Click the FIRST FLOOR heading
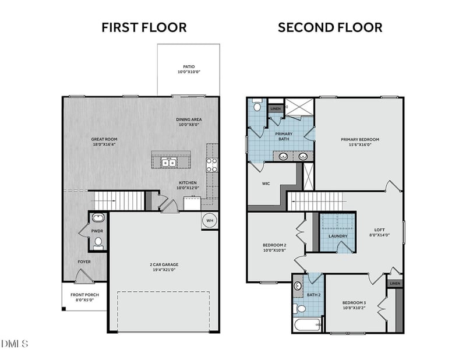coord(144,27)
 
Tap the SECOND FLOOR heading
coord(330,27)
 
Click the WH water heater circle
coord(210,221)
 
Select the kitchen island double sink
coord(169,163)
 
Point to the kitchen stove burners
coord(211,165)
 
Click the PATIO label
coord(189,66)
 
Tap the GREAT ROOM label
coord(104,139)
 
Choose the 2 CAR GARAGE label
coord(164,264)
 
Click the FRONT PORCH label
coord(84,295)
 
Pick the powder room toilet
coord(98,243)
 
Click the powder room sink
coord(98,218)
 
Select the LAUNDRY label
coord(338,236)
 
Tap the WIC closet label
coord(266,183)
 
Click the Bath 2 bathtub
coord(308,325)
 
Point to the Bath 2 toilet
coord(300,309)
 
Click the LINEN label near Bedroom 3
coord(395,283)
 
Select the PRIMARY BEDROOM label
coord(360,139)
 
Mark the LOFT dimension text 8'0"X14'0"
coord(380,235)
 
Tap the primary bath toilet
coord(257,105)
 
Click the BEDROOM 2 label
coord(274,245)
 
